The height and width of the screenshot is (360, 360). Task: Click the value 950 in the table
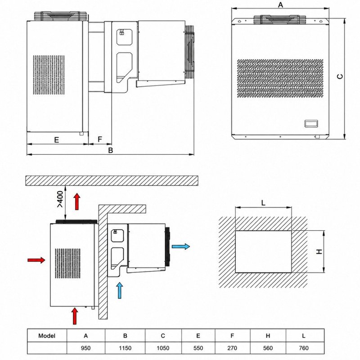tap(85, 348)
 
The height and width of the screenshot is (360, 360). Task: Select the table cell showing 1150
tap(125, 348)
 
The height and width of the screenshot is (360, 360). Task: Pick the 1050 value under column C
tap(163, 348)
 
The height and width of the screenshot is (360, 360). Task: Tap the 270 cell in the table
tap(232, 348)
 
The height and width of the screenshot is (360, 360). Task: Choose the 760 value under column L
tap(303, 348)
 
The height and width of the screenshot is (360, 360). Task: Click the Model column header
tap(47, 336)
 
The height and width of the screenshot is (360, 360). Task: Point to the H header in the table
tap(268, 336)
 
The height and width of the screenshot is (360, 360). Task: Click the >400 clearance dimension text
tap(60, 199)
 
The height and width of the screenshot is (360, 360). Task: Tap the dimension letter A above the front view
tap(280, 4)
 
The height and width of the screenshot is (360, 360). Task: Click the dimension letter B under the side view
tap(111, 150)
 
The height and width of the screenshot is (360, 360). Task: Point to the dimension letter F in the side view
tap(100, 139)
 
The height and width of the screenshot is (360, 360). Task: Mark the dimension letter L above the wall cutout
tap(263, 203)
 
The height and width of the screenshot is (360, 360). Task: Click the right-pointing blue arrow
tap(181, 247)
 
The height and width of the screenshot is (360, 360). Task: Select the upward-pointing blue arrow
tap(120, 290)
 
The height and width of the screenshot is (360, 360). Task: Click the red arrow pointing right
tap(36, 260)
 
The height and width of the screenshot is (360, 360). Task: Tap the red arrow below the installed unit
tap(75, 316)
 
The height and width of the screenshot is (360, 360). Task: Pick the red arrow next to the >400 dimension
tap(77, 201)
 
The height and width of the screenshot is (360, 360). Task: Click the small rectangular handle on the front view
tap(311, 123)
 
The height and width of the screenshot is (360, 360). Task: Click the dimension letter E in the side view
tap(57, 139)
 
